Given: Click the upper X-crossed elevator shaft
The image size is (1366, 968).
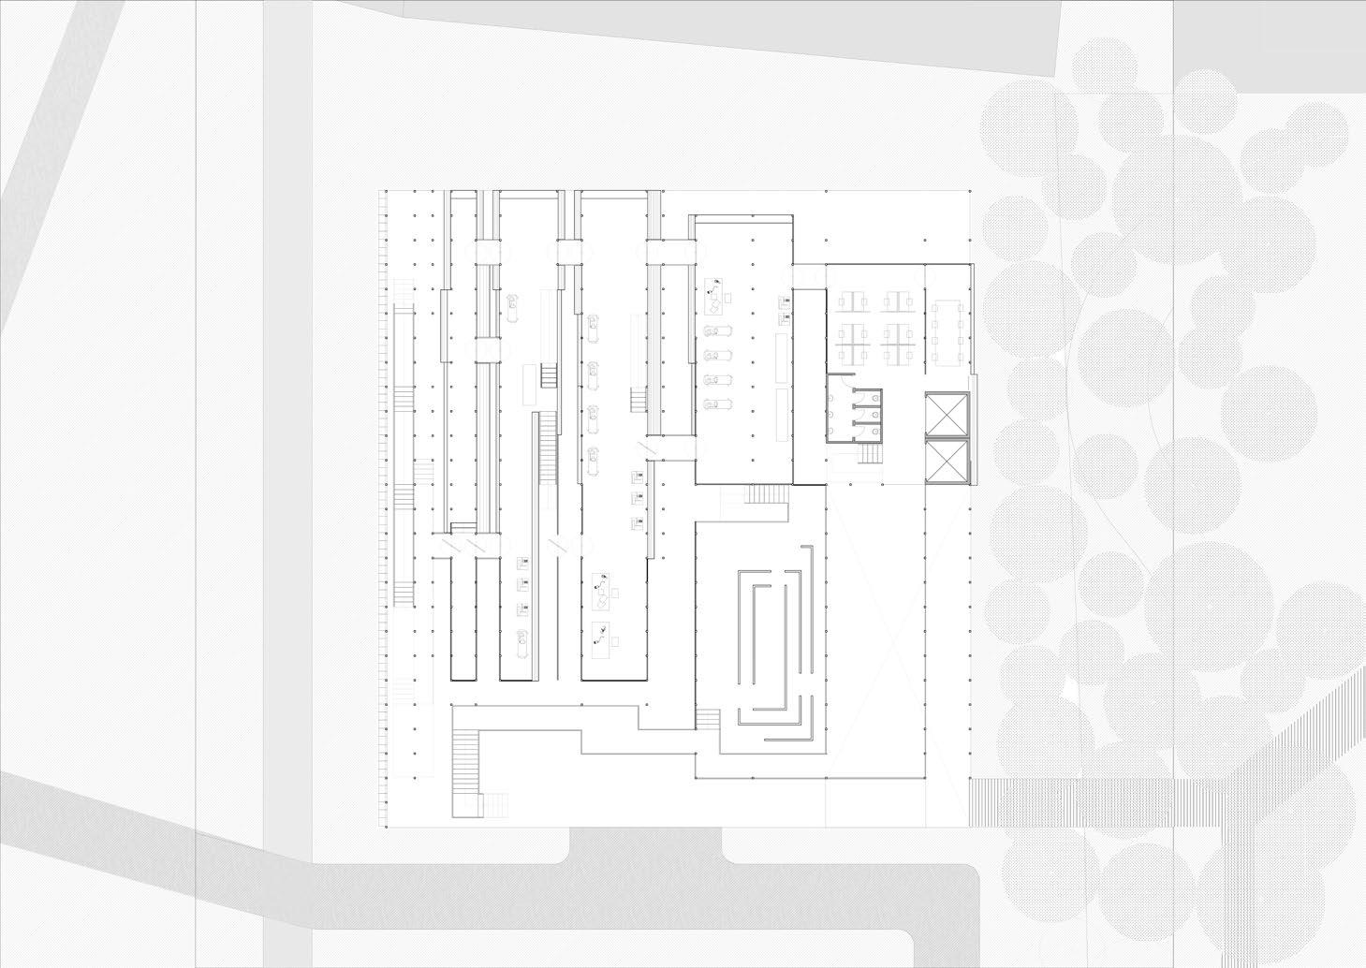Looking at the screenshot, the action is coord(946,415).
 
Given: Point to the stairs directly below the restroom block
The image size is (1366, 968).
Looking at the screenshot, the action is coord(871,455).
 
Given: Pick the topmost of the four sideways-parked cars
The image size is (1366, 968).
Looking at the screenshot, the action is coord(717,332).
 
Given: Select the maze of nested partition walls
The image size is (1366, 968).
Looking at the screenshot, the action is coord(772,646).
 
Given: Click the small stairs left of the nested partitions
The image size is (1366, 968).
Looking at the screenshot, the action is coord(709,719).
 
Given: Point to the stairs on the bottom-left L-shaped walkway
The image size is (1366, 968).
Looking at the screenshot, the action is coord(465,758).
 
